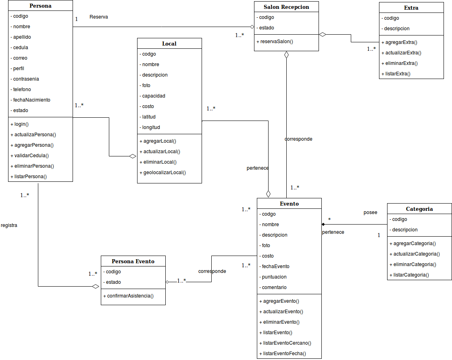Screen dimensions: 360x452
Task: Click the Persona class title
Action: tap(40, 6)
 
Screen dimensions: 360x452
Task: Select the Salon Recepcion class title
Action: tap(286, 7)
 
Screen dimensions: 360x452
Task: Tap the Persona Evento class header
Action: tap(133, 261)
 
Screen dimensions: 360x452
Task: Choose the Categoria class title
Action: tap(419, 209)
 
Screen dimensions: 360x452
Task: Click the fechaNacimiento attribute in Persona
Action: tap(31, 100)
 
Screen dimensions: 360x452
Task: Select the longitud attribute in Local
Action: tap(151, 127)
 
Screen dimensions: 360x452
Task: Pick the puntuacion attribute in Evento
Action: tap(274, 277)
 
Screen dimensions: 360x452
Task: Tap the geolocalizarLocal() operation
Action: tap(162, 173)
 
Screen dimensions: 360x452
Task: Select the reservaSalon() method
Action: tap(275, 42)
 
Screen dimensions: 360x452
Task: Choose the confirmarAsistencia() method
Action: tap(128, 296)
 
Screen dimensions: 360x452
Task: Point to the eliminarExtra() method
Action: tap(399, 63)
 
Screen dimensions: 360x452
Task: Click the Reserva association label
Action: tap(99, 17)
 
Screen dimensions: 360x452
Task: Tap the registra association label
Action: tap(9, 225)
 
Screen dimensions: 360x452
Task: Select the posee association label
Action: tap(371, 212)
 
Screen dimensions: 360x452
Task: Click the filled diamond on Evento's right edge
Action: tap(323, 224)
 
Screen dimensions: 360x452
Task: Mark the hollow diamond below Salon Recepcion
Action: tap(287, 55)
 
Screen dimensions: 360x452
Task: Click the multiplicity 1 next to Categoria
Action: tap(379, 235)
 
